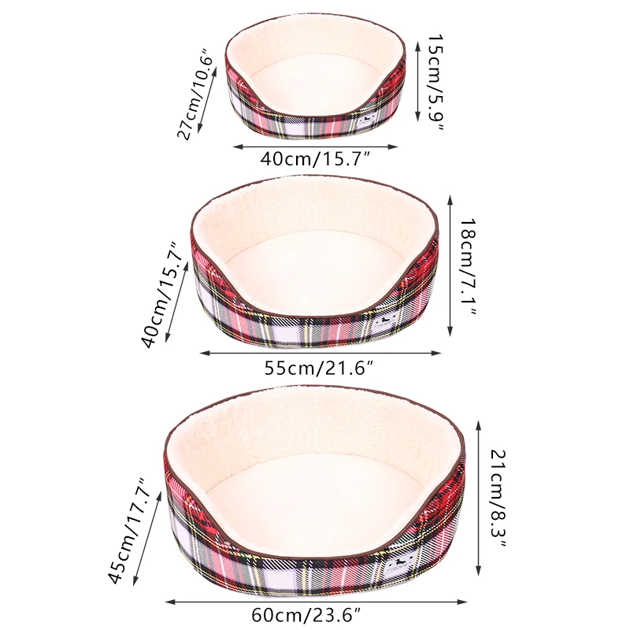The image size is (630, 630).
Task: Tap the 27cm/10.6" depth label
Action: pyautogui.click(x=194, y=94)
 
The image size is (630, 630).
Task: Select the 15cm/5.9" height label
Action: pyautogui.click(x=435, y=82)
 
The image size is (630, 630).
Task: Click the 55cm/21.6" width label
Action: pyautogui.click(x=320, y=368)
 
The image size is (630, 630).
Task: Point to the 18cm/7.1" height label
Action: pyautogui.click(x=468, y=267)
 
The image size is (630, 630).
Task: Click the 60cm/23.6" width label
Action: pyautogui.click(x=306, y=615)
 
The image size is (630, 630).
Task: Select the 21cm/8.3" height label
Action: pyautogui.click(x=498, y=498)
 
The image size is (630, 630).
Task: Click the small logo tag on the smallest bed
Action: pyautogui.click(x=367, y=120)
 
